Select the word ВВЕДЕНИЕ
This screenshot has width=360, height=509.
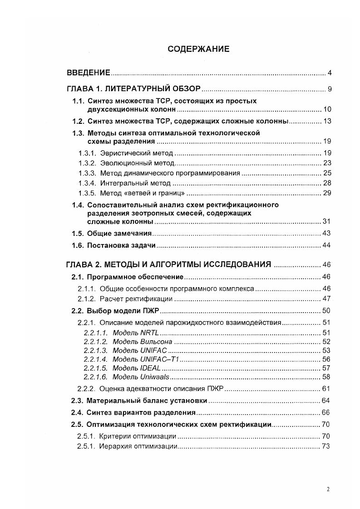click(89, 73)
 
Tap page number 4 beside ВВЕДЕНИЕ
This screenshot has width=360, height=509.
click(330, 73)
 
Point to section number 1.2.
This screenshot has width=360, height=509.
click(79, 121)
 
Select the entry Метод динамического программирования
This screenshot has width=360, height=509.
click(169, 173)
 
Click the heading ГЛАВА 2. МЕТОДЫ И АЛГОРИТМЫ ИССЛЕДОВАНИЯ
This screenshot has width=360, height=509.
click(169, 264)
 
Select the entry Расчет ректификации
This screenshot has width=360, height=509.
click(136, 299)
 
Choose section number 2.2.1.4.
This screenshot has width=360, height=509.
click(96, 359)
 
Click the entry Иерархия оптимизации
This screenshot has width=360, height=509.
click(138, 446)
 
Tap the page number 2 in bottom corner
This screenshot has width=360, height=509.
click(328, 489)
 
